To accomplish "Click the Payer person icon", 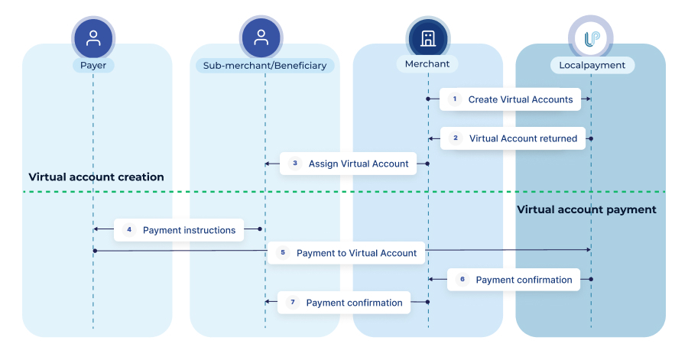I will click(x=93, y=37).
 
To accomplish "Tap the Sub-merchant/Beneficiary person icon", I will click(x=261, y=37).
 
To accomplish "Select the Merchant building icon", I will click(x=427, y=37).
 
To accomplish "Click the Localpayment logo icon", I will click(x=590, y=37).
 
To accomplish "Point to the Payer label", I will click(x=93, y=65).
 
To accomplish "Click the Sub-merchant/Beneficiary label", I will click(x=264, y=66).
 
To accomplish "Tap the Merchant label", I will click(x=428, y=63).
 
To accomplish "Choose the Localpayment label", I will click(x=591, y=66).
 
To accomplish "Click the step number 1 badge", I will click(x=454, y=99).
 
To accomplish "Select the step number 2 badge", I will click(x=456, y=138).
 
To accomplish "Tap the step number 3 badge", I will click(x=295, y=164).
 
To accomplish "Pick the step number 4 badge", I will click(x=128, y=230).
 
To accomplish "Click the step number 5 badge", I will click(x=283, y=253).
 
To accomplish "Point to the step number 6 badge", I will click(x=462, y=280).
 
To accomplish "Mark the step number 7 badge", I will click(x=292, y=303).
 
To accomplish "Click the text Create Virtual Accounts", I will click(x=521, y=99).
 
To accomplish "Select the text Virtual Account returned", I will click(x=523, y=138).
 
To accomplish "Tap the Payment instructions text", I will click(x=189, y=230).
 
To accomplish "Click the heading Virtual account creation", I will click(x=96, y=177).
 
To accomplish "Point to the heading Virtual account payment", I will click(x=586, y=209).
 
